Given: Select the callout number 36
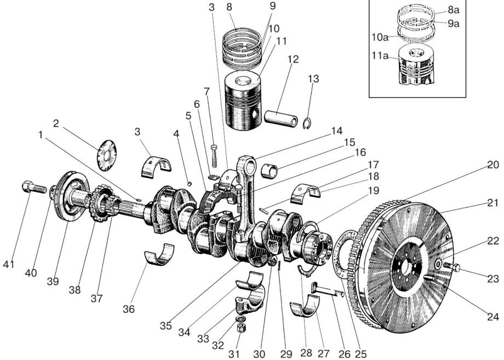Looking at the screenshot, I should pyautogui.click(x=128, y=310).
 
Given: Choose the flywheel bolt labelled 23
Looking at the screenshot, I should pyautogui.click(x=451, y=267).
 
